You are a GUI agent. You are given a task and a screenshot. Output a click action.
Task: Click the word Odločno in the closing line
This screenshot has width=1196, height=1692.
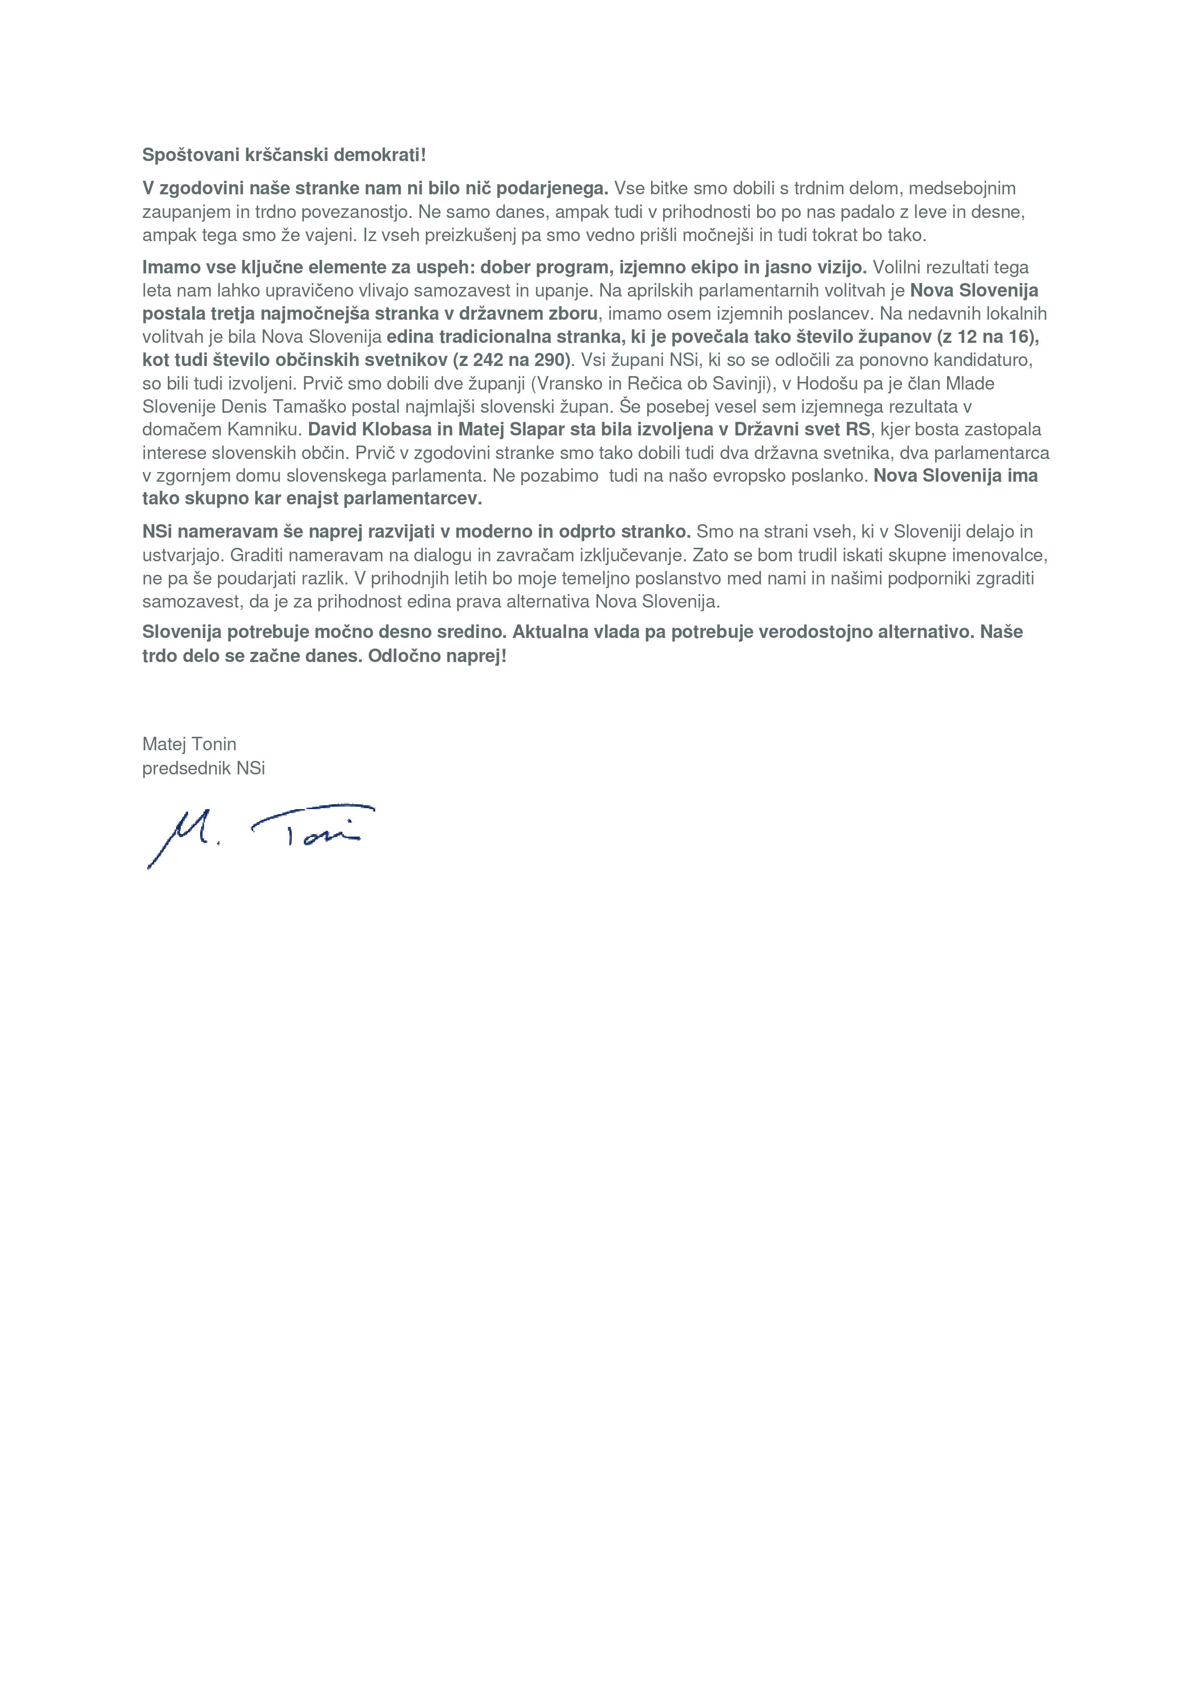coord(401,656)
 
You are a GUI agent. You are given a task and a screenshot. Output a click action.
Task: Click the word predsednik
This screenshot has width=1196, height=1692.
coord(187,768)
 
